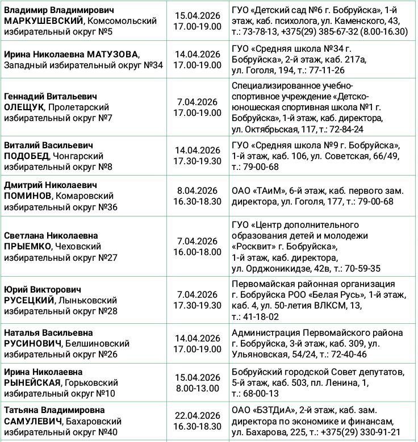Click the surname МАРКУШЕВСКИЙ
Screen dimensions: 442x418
[x=41, y=21]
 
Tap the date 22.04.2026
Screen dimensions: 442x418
[x=197, y=415]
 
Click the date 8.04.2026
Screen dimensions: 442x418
[x=197, y=190]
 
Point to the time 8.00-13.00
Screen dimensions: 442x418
[x=197, y=389]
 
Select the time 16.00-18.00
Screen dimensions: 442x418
[x=197, y=252]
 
